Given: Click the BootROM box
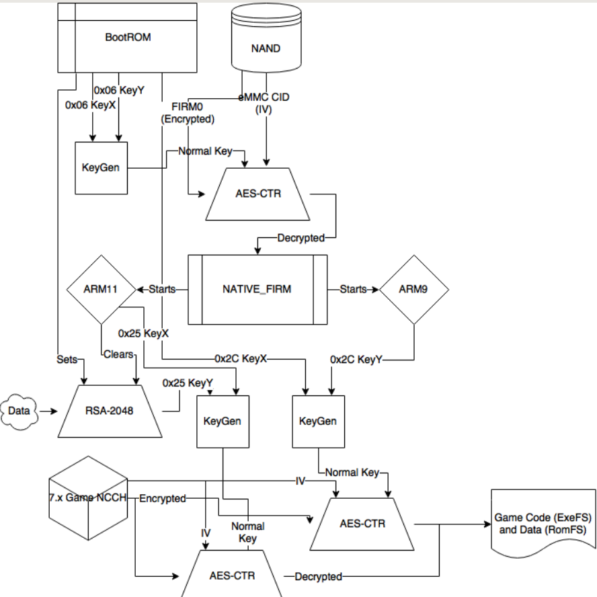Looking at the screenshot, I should click(127, 38).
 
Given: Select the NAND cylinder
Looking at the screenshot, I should click(265, 48).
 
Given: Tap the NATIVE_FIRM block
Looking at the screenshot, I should click(257, 289).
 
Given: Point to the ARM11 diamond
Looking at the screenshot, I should click(101, 289).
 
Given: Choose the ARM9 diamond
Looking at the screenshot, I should click(413, 289).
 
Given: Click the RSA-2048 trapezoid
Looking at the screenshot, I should click(110, 409).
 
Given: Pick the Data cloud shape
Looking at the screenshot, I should click(19, 409).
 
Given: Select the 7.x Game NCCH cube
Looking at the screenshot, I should click(88, 499).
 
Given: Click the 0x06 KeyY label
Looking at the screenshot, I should click(119, 90).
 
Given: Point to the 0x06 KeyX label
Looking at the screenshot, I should click(90, 105).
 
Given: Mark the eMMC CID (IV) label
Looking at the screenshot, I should click(264, 103).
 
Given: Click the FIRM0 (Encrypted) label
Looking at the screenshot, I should click(187, 113).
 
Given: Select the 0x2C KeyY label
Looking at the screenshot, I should click(356, 360).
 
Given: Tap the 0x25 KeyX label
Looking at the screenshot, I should click(143, 333).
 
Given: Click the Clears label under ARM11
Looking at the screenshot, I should click(119, 354).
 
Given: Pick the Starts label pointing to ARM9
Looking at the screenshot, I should click(353, 289).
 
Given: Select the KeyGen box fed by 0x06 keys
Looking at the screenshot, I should click(100, 167).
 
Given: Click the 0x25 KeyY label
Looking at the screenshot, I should click(188, 383).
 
